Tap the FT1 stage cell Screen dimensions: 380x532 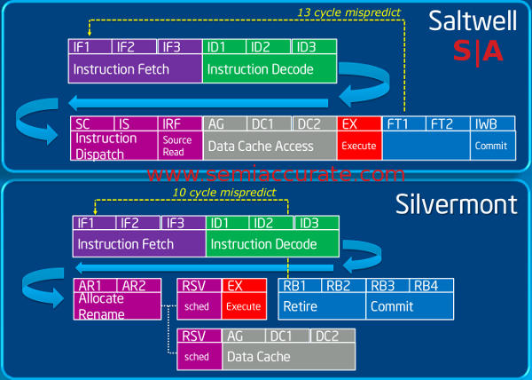(x=403, y=125)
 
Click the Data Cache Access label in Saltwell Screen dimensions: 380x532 (x=261, y=146)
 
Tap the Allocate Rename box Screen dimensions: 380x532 (x=120, y=306)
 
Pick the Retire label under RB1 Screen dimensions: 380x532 (x=301, y=306)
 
